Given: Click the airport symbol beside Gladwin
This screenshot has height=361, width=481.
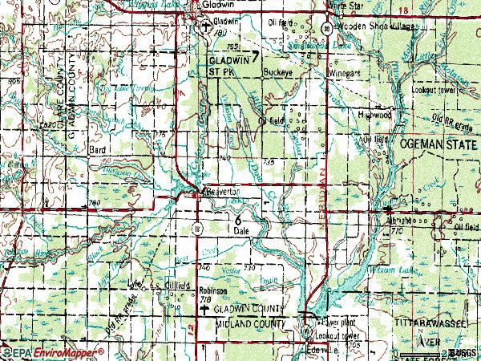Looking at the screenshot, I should click(206, 26).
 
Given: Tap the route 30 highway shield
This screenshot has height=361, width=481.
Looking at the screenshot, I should click(328, 28).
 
